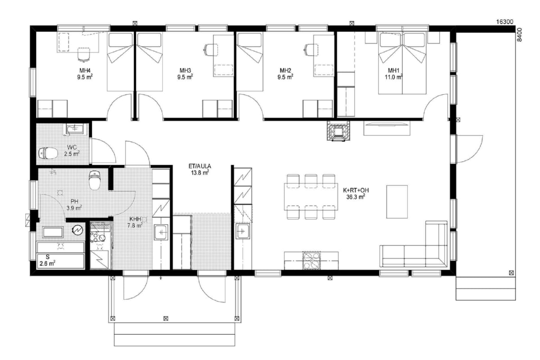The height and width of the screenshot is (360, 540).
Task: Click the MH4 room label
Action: coord(85,70)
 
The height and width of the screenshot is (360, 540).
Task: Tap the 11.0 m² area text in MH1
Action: coord(393,77)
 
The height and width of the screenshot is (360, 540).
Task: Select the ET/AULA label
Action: coord(200,166)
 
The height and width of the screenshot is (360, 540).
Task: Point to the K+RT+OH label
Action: coord(356,190)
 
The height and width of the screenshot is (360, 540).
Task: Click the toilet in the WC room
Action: coord(48,153)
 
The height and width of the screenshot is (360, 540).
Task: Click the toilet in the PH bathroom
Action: coord(94,180)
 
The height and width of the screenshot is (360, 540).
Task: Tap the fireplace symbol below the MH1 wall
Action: coord(338,130)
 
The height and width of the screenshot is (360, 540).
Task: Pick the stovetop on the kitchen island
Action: coord(312,261)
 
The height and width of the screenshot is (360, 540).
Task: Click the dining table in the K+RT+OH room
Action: coord(311,197)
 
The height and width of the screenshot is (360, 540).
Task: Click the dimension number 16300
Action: coord(504,22)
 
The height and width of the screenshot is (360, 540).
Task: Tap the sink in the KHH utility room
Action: coord(161,232)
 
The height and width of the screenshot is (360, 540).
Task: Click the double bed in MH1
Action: coord(402,63)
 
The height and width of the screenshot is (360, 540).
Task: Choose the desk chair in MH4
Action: coord(84,55)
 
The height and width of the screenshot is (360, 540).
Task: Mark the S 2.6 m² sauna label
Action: coord(48,261)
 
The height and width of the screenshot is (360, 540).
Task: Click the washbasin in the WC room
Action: coord(75,129)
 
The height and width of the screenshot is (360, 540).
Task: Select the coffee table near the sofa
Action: coord(397,202)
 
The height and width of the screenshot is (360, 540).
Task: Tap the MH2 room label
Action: coord(285,70)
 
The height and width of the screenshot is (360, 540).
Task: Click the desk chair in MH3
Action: coord(211,50)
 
